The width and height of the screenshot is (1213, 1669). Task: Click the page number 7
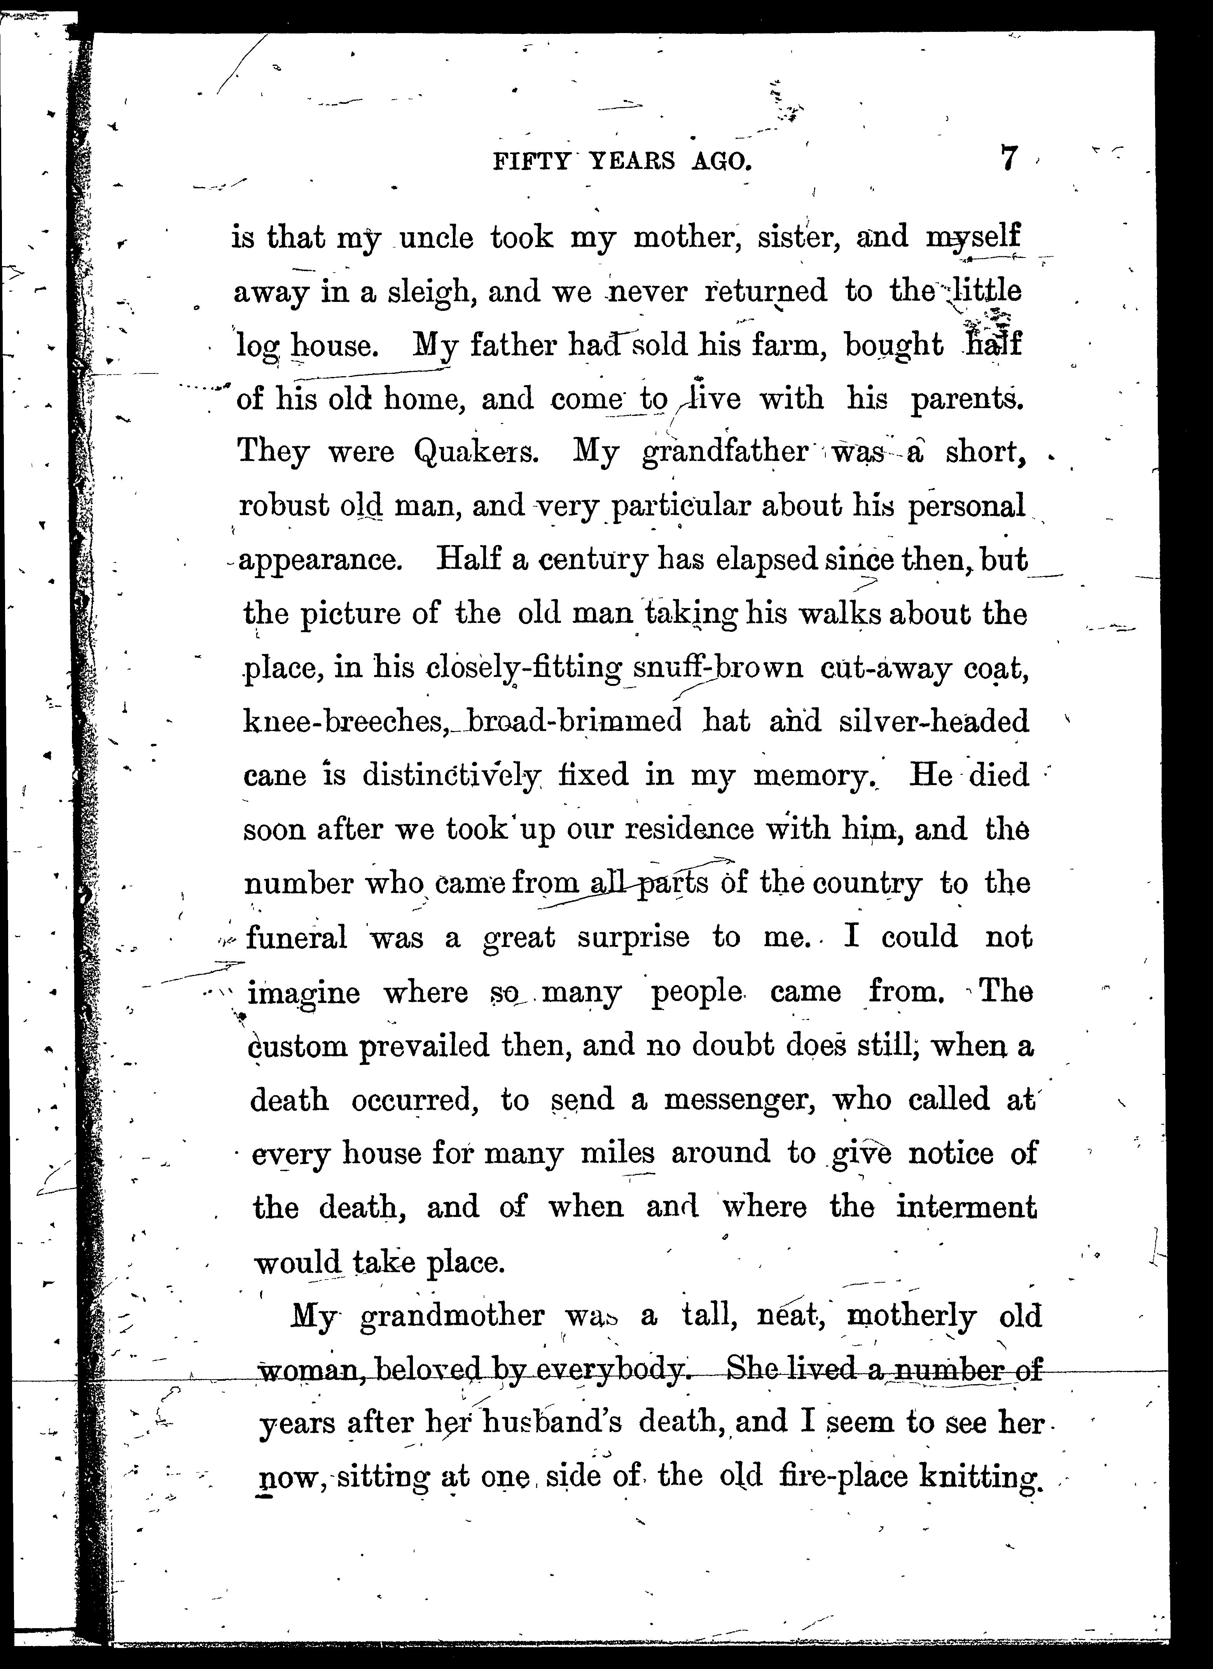pos(1010,159)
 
